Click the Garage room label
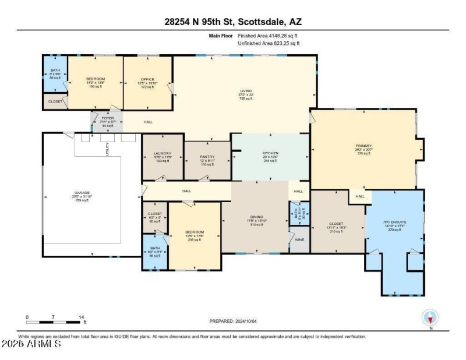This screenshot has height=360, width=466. [82, 192]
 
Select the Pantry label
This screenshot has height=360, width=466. [207, 157]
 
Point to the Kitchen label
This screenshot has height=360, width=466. [270, 153]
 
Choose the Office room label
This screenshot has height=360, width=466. [147, 79]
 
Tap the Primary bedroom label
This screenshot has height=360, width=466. [363, 146]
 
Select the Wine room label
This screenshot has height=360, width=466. [300, 240]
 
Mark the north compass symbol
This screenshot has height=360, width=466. [430, 318]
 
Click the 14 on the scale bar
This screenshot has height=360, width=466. [80, 317]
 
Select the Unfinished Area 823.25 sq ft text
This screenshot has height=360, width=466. [269, 43]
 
